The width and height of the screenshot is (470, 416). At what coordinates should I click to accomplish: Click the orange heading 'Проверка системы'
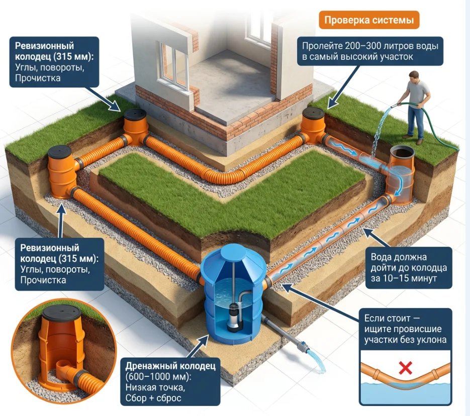(x=369, y=21)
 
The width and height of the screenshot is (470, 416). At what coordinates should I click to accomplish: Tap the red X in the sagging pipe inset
(x=405, y=368)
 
